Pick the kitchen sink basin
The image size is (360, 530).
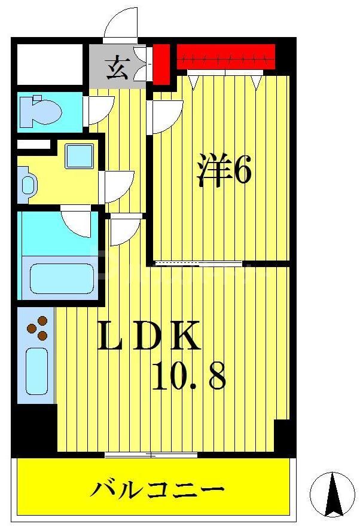37,370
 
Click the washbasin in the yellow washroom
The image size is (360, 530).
28,183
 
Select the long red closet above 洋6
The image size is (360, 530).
225,57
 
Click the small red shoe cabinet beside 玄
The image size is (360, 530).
160,63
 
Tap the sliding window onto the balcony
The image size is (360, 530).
151,455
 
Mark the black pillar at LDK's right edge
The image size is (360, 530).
283,437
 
